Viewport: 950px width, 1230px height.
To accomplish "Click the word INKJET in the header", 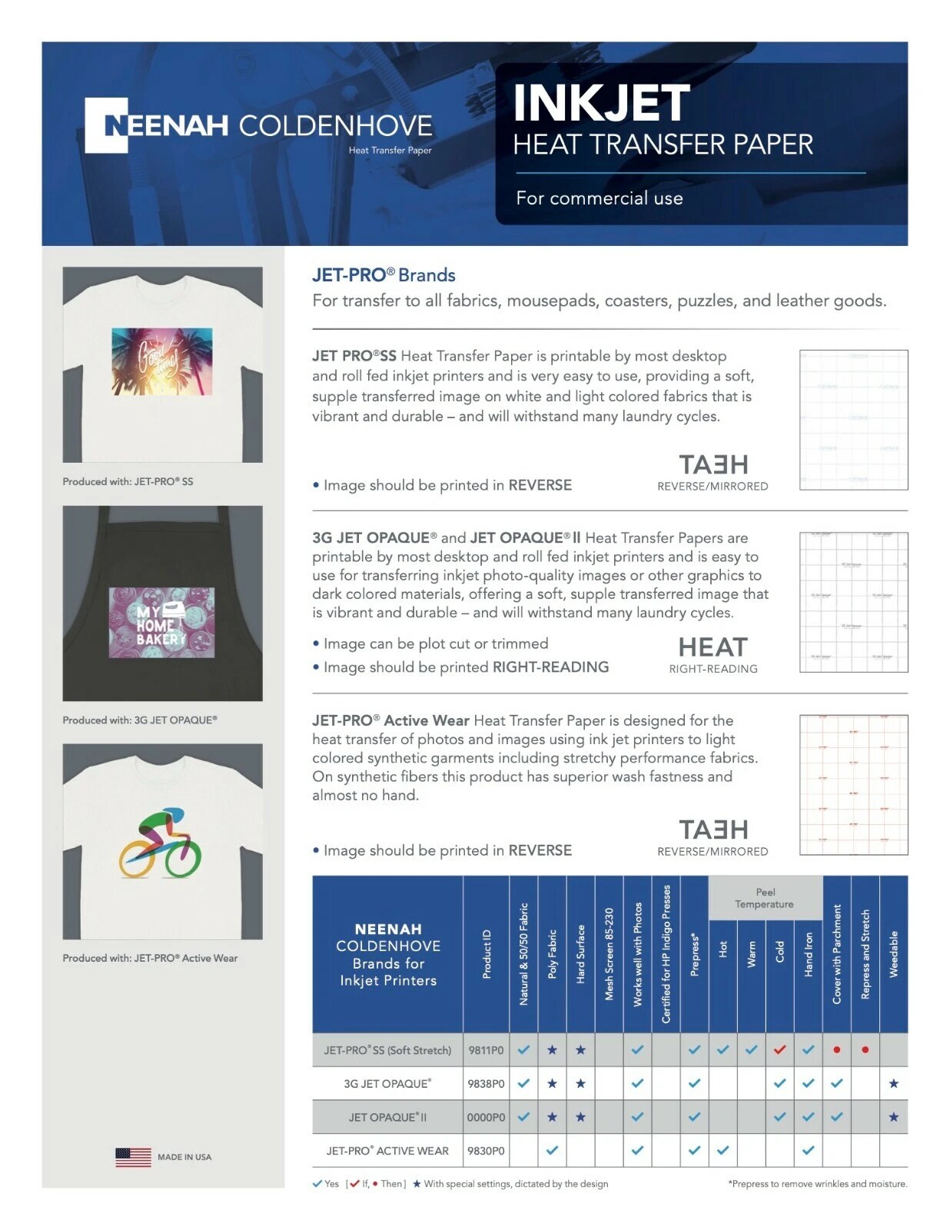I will pos(601,104).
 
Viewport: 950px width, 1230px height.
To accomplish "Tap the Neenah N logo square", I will pos(105,125).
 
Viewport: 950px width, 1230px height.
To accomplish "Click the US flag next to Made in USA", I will pos(133,1157).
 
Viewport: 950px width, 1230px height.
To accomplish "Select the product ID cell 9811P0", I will pos(486,1050).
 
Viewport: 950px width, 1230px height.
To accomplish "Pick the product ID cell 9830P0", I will pos(486,1151).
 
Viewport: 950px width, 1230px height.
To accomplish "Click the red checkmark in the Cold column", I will pos(779,1049).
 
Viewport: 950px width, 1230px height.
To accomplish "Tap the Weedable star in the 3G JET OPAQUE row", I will pos(893,1083).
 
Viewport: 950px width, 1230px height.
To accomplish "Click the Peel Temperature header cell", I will pos(765,898).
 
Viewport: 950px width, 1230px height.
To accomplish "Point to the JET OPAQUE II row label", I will pos(387,1117).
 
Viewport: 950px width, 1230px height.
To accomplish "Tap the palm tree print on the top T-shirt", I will pos(161,361).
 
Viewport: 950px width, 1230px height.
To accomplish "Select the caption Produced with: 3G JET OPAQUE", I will pos(140,720).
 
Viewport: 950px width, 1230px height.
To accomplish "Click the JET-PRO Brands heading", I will pos(384,275).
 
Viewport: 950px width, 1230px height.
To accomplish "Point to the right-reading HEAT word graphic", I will pos(712,647).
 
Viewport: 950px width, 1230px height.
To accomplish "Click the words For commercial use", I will pos(600,198).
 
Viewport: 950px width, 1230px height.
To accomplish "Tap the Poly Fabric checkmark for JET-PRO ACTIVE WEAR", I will pos(552,1151).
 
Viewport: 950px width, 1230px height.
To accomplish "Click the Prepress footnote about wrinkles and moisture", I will pos(817,1184).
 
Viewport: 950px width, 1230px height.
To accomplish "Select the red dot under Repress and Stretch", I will pos(865,1049).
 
